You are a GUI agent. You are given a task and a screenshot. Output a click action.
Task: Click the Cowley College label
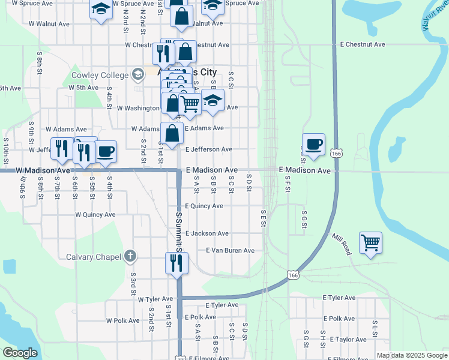(x=100, y=75)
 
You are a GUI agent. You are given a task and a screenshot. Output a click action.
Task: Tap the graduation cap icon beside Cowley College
(x=138, y=74)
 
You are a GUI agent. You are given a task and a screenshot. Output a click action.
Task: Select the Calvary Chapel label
(x=95, y=257)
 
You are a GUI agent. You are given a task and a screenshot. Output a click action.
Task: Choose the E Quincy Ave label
(x=204, y=206)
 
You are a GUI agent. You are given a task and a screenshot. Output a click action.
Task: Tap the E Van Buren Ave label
(x=230, y=250)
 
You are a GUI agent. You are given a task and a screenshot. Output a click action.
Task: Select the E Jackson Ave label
(x=206, y=233)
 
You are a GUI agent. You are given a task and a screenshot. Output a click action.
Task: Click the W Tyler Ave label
(x=155, y=299)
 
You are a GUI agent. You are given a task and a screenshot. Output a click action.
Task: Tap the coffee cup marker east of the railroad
(x=313, y=145)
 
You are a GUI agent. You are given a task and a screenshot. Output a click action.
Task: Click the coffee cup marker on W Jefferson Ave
(x=106, y=152)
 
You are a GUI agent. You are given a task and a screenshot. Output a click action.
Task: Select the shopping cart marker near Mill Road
(x=371, y=243)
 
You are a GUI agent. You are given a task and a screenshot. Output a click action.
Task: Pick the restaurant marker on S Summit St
(x=176, y=263)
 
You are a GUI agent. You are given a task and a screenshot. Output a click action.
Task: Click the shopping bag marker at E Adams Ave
(x=172, y=133)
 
